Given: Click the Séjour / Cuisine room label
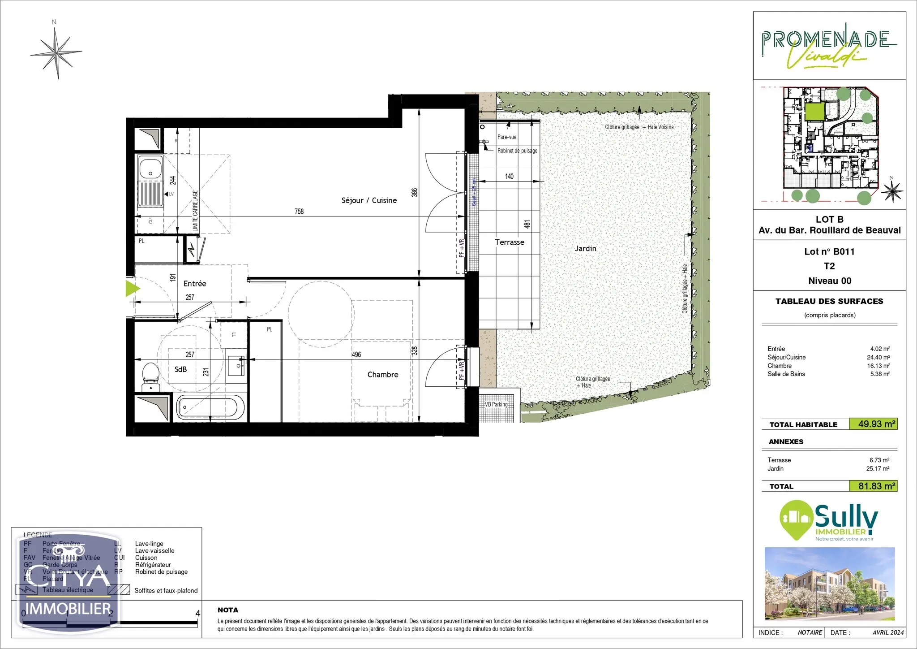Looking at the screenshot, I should [x=369, y=200].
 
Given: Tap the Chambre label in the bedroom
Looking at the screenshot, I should [x=382, y=375].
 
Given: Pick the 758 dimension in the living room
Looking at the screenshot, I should [x=299, y=211].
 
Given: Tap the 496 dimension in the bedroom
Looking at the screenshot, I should [x=356, y=355].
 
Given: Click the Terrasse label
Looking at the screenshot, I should [x=509, y=242].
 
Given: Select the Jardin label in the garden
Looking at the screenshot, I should [x=585, y=248].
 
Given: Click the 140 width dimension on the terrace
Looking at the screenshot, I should [x=509, y=177].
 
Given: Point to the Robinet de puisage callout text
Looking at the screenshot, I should [x=517, y=151].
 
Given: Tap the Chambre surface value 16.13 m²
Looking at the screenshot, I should [x=878, y=366].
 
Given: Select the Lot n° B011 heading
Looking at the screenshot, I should [x=829, y=252].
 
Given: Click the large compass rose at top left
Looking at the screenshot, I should [x=56, y=53].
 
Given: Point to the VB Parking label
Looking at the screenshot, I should [x=497, y=404].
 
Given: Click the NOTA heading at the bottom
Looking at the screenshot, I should [x=228, y=610].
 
